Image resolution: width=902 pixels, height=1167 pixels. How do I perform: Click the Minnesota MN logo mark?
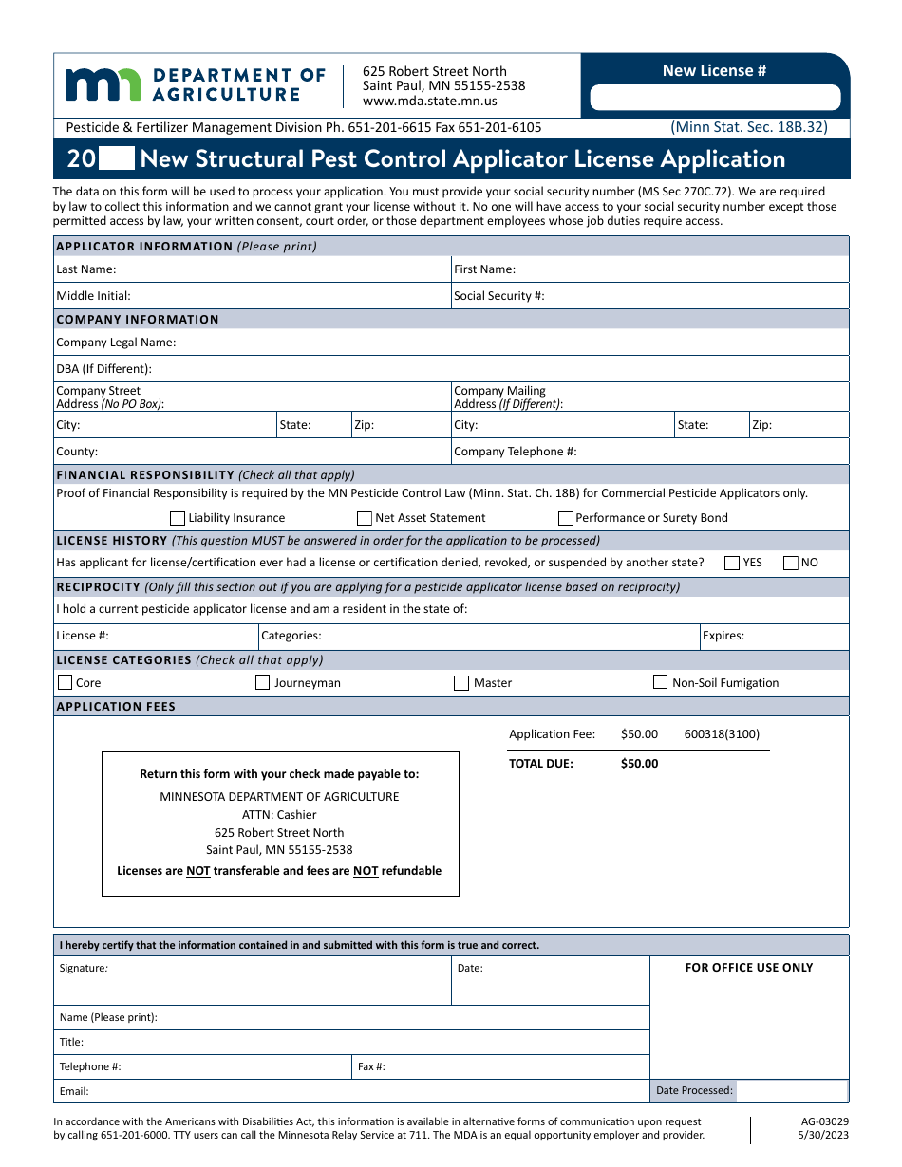click(x=103, y=84)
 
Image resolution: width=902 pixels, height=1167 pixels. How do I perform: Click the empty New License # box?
click(x=715, y=98)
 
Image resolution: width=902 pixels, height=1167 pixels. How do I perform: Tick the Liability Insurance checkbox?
click(x=178, y=518)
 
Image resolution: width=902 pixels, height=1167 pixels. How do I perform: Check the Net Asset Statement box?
click(x=365, y=518)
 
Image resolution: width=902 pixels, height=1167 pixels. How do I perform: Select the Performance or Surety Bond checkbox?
click(x=566, y=518)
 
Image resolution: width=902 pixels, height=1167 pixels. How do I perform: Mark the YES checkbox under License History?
click(x=732, y=563)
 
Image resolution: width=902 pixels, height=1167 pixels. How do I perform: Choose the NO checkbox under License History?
click(x=791, y=563)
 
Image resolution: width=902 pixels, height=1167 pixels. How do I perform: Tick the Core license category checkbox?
click(x=66, y=682)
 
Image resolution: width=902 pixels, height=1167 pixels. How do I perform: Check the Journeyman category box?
click(x=263, y=682)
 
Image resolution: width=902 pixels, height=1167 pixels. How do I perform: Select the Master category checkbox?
click(x=461, y=682)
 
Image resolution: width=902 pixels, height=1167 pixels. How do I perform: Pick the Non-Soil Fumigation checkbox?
click(x=661, y=682)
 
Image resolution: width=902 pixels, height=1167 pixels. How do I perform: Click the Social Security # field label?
click(x=499, y=296)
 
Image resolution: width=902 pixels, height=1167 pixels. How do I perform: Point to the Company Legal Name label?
click(x=116, y=343)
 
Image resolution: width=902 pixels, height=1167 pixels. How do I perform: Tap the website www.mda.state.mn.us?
click(x=429, y=101)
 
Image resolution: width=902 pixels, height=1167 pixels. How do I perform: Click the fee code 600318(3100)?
click(x=722, y=734)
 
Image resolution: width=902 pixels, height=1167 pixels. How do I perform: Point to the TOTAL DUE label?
click(x=541, y=764)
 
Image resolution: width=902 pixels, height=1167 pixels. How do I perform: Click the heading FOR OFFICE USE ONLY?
click(x=749, y=968)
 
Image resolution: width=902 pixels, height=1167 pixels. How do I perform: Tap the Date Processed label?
click(x=694, y=1091)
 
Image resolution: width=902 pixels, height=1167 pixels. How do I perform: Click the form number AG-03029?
click(x=825, y=1121)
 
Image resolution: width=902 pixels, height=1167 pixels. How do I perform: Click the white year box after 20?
click(x=117, y=158)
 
